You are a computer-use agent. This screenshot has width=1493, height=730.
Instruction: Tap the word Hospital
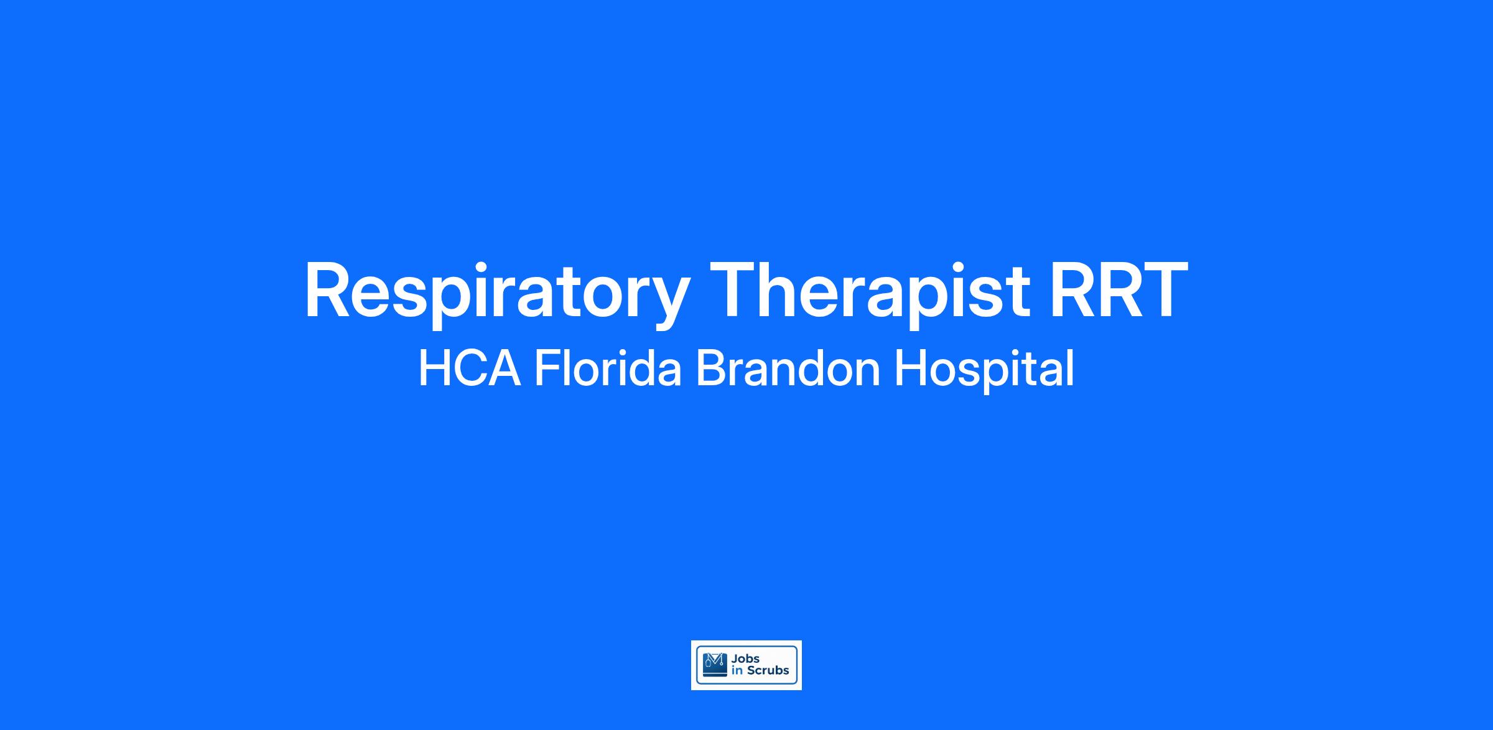pos(984,370)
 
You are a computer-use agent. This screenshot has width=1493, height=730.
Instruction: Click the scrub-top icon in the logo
pos(715,664)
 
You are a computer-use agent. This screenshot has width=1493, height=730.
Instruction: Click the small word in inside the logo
pos(737,670)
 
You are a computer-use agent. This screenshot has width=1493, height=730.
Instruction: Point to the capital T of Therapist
pos(735,289)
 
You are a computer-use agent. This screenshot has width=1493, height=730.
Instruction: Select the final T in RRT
pos(1165,289)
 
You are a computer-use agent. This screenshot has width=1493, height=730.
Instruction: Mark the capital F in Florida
pos(547,368)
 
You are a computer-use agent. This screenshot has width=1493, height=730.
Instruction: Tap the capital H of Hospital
pos(909,368)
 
